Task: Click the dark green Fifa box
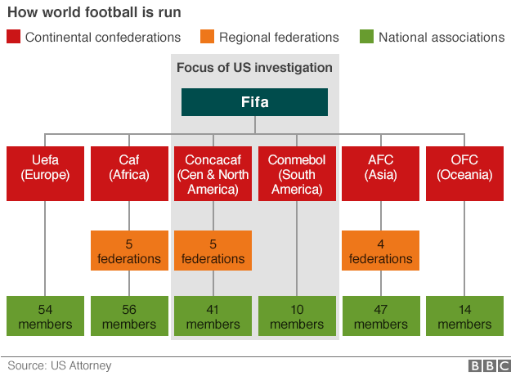pos(254,102)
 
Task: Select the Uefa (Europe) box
pos(45,173)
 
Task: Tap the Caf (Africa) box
pos(129,173)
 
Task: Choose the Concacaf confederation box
pos(213,173)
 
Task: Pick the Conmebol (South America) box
pos(297,173)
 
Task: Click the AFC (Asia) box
pos(380,173)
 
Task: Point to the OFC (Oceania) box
pos(464,173)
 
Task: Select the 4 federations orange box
pos(380,251)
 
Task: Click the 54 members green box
pos(45,316)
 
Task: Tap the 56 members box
pos(129,316)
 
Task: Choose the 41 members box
pos(213,316)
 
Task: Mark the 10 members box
pos(297,316)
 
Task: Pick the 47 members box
pos(381,316)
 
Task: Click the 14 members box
pos(464,316)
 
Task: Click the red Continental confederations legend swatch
pos(13,37)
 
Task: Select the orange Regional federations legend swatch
pos(208,37)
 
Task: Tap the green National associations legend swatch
pos(366,37)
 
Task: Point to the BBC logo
pos(490,366)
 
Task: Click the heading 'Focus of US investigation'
pos(254,68)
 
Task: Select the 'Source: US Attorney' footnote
pos(60,365)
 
